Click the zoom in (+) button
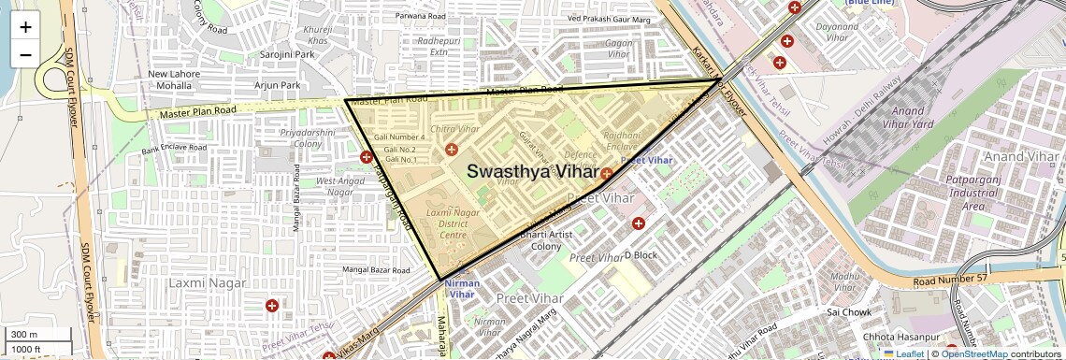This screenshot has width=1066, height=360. (x=25, y=26)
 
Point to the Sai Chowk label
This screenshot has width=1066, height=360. (x=849, y=312)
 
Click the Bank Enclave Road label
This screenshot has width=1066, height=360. (x=174, y=148)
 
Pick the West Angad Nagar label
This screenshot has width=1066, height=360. (x=339, y=186)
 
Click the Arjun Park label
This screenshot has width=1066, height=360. (x=278, y=85)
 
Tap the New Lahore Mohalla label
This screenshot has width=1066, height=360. (x=169, y=79)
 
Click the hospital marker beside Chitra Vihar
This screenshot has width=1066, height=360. (x=452, y=150)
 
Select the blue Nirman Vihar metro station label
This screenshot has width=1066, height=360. (x=462, y=288)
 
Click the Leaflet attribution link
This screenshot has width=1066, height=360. (x=903, y=353)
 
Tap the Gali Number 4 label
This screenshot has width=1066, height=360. (x=399, y=137)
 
